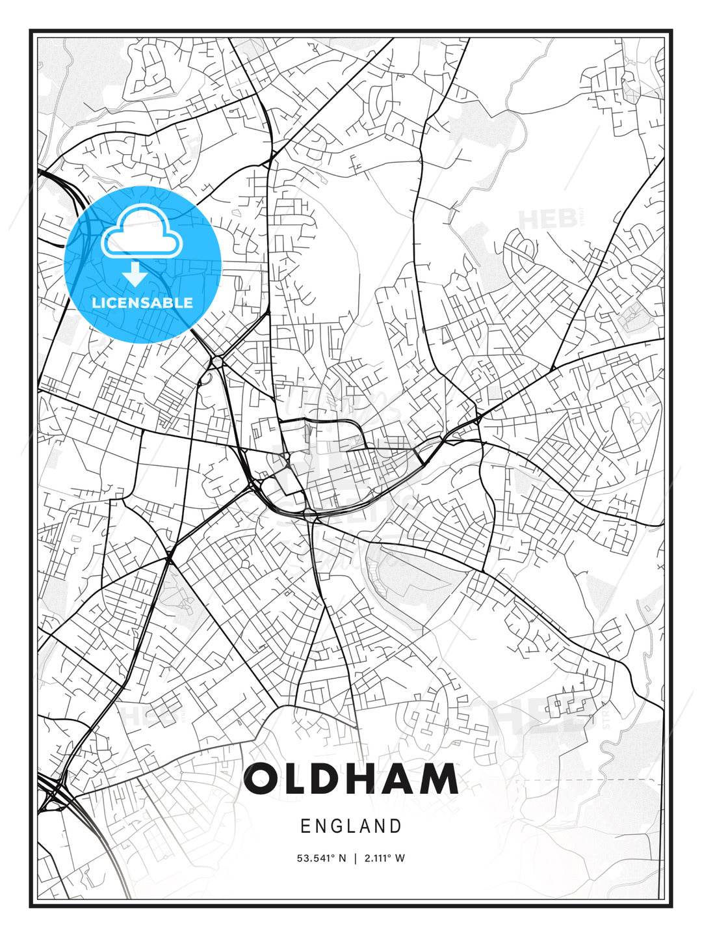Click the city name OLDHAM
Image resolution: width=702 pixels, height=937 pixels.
[x=351, y=779]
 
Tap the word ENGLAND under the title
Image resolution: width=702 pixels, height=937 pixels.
[x=351, y=826]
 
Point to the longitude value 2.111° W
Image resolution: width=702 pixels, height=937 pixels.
[x=384, y=858]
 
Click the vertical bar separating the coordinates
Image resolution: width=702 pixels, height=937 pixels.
[x=355, y=858]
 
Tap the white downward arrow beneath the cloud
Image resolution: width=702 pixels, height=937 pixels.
[x=135, y=275]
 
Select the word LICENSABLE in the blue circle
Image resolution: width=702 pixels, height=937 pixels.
[x=142, y=303]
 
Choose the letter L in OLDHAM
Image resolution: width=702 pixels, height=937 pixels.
[x=296, y=779]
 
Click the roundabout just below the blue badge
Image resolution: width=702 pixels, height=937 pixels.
[x=216, y=360]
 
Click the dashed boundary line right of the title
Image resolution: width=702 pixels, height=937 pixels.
[x=585, y=780]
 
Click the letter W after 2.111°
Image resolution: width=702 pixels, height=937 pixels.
[x=400, y=858]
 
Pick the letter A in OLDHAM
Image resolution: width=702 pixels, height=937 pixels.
[x=400, y=779]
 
